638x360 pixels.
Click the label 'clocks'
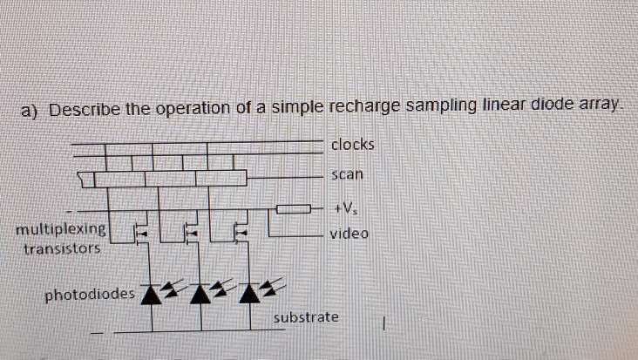352,144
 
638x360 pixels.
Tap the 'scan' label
347,174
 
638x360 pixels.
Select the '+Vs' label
346,208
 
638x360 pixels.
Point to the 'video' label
350,234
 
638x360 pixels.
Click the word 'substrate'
306,317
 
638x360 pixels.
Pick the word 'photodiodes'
91,294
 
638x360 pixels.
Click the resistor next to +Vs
293,208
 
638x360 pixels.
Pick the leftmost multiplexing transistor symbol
140,233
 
